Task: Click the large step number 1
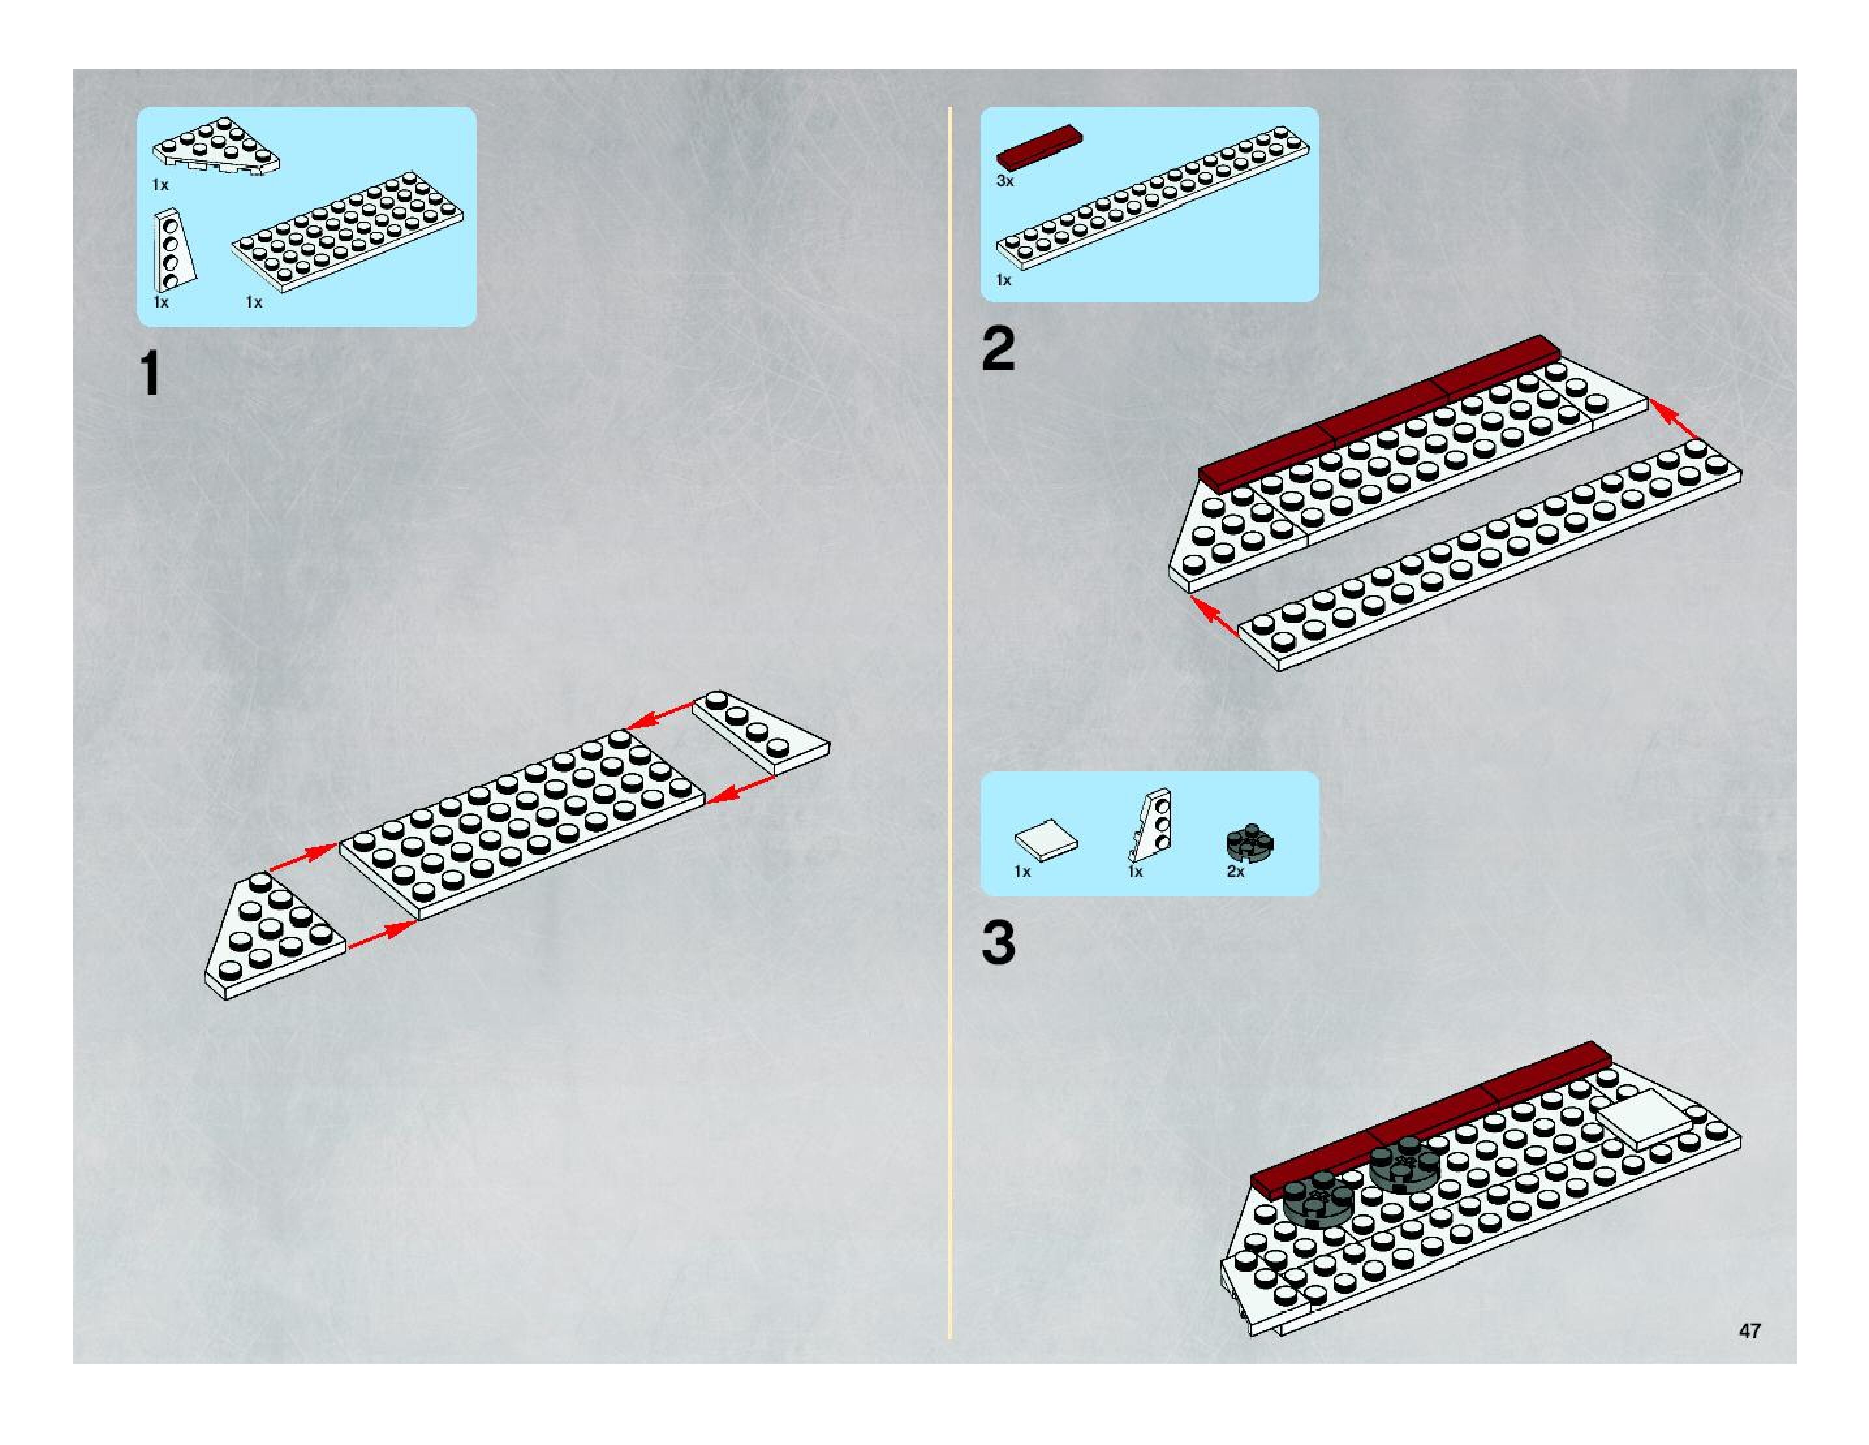150,373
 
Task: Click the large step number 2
998,349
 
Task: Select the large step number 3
998,943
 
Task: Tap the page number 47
1749,1330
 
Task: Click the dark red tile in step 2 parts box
1039,147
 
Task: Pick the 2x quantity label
1235,872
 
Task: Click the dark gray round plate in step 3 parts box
1250,843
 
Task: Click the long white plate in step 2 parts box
1152,198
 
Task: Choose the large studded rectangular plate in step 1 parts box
348,231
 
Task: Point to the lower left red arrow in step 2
1215,616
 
